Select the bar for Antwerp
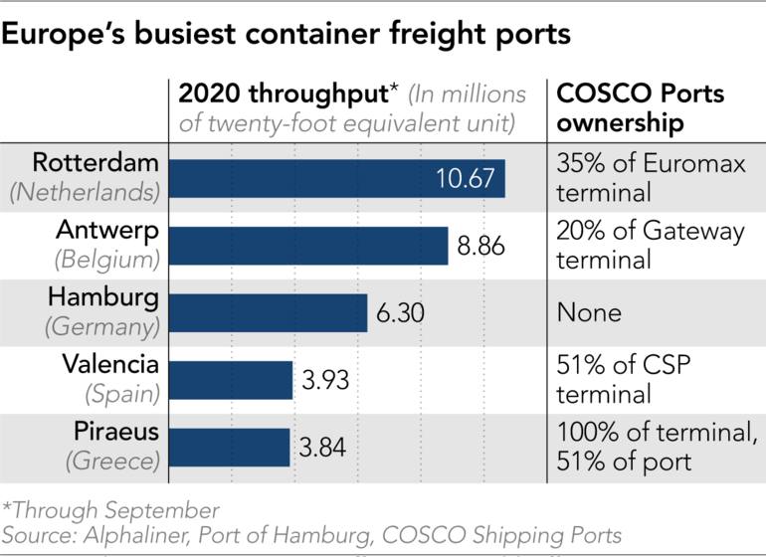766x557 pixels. (308, 245)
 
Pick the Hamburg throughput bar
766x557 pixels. (269, 312)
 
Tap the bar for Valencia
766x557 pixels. (231, 380)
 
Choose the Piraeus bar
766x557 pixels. (230, 448)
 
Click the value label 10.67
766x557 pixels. (467, 179)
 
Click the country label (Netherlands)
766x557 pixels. (84, 193)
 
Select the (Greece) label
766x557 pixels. (112, 463)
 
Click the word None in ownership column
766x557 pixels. (589, 313)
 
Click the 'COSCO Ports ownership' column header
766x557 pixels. (640, 109)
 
